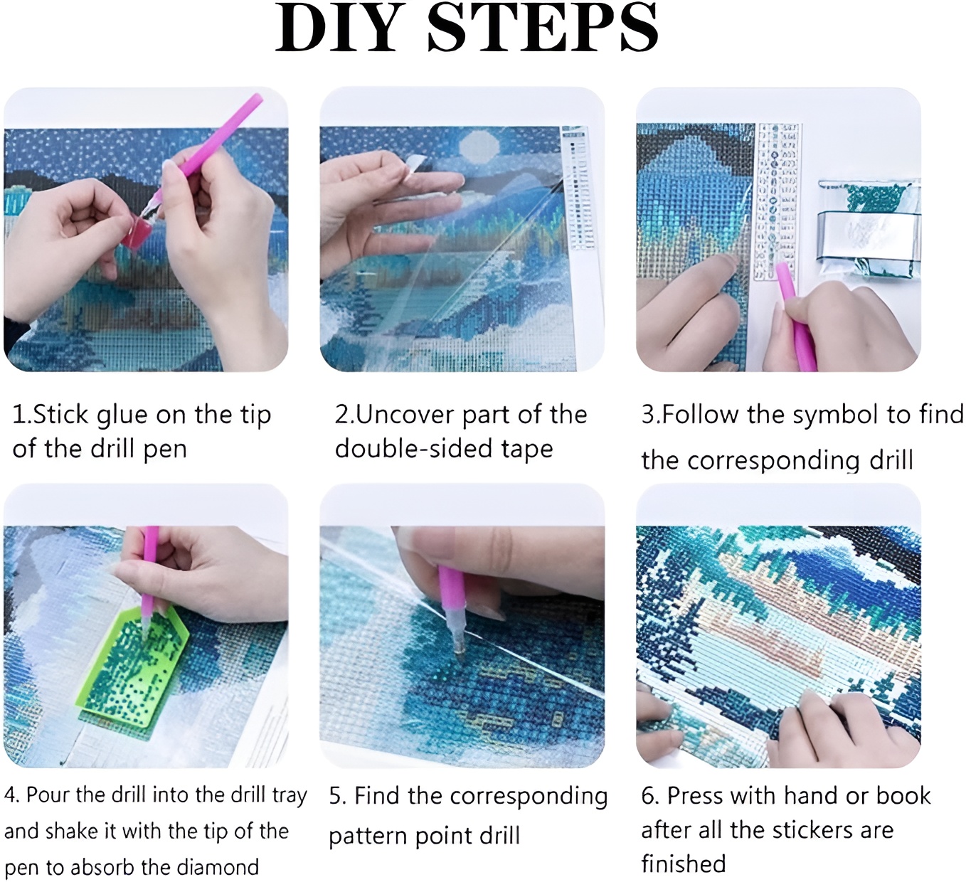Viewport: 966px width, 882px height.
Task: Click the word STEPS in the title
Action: click(x=543, y=27)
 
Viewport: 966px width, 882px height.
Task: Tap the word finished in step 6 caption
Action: click(x=684, y=864)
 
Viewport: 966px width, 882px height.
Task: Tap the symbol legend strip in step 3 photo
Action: click(x=776, y=202)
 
